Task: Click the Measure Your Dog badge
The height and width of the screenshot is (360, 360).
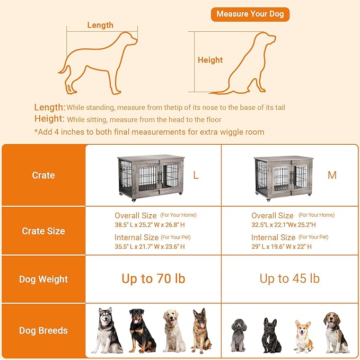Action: click(x=250, y=14)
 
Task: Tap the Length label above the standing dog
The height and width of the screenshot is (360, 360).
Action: click(x=100, y=25)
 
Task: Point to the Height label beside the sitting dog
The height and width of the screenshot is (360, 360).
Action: click(x=210, y=60)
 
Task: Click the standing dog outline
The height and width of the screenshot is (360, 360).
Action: click(x=98, y=61)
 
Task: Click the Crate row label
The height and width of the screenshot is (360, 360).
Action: click(x=43, y=175)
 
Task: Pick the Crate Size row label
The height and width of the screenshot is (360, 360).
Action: click(x=43, y=231)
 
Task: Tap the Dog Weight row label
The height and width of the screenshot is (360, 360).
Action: click(x=43, y=279)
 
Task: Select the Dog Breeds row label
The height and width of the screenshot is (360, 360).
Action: click(x=43, y=330)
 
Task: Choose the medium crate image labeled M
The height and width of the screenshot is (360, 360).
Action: click(x=281, y=178)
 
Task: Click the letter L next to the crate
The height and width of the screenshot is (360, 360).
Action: click(x=196, y=175)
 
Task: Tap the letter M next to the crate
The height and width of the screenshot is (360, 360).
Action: click(x=332, y=175)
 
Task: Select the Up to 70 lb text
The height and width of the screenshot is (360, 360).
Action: click(x=153, y=279)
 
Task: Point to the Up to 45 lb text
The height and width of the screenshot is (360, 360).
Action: click(x=289, y=279)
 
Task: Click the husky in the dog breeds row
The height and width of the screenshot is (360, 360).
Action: click(x=107, y=330)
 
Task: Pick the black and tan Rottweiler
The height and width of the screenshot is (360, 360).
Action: click(x=141, y=330)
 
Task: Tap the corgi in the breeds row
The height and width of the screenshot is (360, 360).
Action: click(x=303, y=336)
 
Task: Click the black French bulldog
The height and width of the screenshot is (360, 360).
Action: click(x=271, y=336)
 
